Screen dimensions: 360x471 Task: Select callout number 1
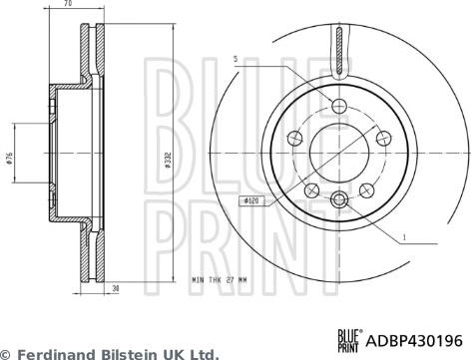(406, 235)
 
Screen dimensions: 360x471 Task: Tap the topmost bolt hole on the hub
(339, 106)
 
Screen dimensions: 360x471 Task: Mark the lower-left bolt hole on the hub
(310, 189)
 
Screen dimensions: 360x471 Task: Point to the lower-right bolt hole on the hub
(368, 189)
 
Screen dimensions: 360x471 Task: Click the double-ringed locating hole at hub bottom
(339, 200)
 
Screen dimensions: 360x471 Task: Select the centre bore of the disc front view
(339, 153)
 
